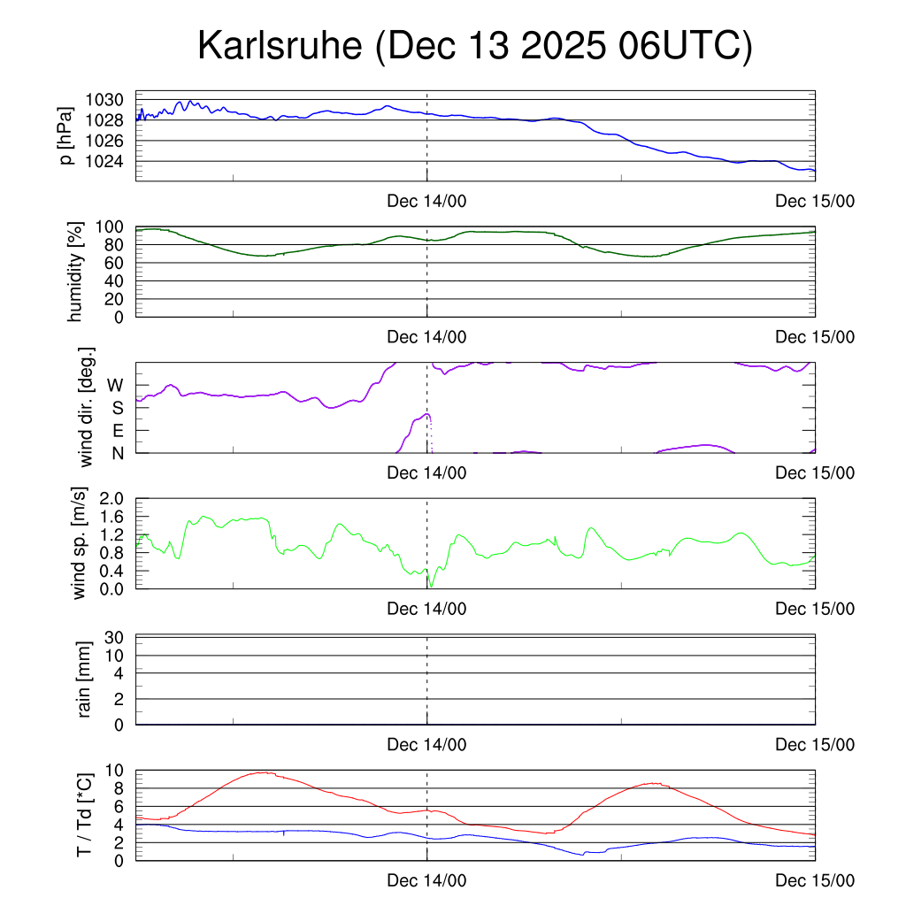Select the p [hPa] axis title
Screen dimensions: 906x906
coord(65,136)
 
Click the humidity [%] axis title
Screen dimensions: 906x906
coord(76,272)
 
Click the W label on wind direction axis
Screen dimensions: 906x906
coord(115,385)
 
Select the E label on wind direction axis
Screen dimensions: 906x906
coord(117,431)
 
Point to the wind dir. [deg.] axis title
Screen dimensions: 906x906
coord(86,408)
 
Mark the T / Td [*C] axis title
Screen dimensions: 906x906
coord(84,814)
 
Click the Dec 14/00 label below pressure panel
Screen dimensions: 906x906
coord(426,202)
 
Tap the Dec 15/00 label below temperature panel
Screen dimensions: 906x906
coord(815,881)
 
